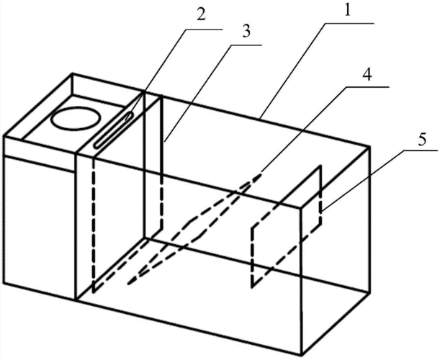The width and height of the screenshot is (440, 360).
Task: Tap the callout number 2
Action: [x=200, y=14]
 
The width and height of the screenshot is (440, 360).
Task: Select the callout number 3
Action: [x=246, y=32]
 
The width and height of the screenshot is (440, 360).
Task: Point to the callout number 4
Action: [x=367, y=75]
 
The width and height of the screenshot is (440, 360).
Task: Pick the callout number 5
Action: [x=422, y=139]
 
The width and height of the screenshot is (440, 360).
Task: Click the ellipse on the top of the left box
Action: [x=76, y=118]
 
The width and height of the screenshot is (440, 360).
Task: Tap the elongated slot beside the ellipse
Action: [x=113, y=130]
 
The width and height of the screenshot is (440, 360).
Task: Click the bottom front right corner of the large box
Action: [x=302, y=354]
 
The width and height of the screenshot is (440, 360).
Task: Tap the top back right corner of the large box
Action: [x=369, y=147]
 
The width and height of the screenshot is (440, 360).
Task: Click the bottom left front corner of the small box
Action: [x=4, y=283]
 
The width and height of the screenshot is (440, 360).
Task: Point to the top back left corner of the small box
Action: [x=73, y=74]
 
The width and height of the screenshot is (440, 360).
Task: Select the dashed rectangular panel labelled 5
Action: [x=286, y=226]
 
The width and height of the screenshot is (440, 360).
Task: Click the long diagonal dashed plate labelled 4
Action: [x=194, y=228]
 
